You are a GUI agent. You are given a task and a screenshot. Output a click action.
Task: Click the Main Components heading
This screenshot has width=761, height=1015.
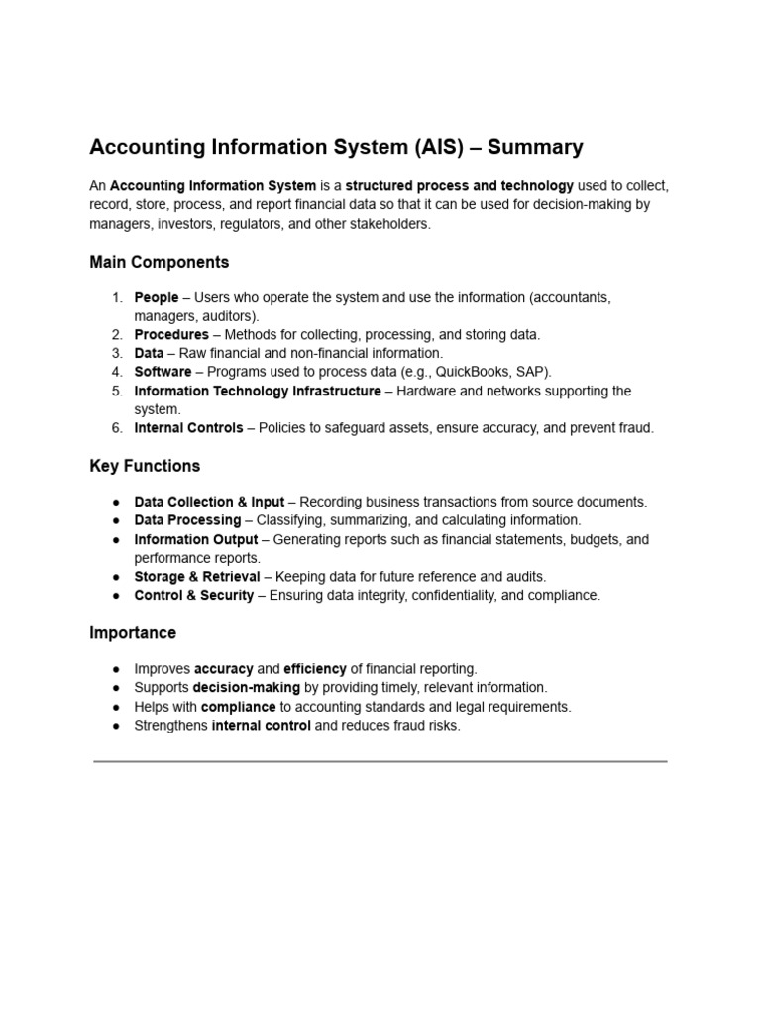[x=159, y=263]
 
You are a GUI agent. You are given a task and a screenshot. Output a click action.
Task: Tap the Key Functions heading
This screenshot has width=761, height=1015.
[x=145, y=466]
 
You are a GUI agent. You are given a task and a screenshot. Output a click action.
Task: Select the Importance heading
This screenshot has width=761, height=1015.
[x=133, y=633]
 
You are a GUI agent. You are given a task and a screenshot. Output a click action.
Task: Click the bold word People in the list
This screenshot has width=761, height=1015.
[x=157, y=297]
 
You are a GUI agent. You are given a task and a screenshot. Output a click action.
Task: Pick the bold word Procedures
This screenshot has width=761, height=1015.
[x=171, y=335]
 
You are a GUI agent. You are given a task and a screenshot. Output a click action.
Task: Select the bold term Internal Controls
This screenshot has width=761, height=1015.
[x=188, y=428]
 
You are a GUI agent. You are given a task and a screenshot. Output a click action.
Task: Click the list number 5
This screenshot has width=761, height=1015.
[x=116, y=391]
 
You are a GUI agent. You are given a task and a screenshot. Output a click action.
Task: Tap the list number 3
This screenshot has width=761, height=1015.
[x=116, y=353]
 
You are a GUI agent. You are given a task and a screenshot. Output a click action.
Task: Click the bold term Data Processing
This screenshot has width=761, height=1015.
[x=187, y=520]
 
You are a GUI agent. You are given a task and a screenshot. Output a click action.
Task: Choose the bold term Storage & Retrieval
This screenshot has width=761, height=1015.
[x=197, y=577]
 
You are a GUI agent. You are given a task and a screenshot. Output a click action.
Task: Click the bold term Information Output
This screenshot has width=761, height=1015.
[x=195, y=540]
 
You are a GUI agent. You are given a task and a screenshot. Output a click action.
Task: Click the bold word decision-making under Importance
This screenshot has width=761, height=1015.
[x=246, y=688]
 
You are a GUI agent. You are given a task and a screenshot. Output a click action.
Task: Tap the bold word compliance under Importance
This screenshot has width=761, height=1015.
[x=238, y=707]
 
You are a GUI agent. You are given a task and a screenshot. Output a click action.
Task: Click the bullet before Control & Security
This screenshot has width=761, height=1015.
[x=116, y=596]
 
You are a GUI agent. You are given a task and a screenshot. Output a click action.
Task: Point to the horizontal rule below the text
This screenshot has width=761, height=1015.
[x=380, y=761]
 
